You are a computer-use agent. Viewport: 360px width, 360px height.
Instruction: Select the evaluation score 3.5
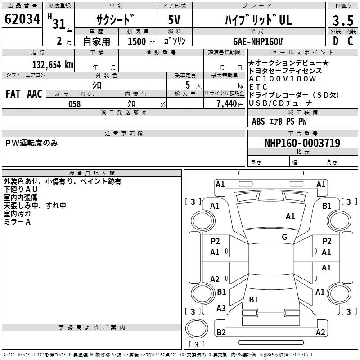coord(342,21)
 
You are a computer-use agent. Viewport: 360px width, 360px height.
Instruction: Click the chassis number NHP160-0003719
coord(302,143)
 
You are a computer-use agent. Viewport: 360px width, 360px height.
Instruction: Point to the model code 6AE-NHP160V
coord(258,41)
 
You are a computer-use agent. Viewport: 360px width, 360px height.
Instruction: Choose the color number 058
coord(75,104)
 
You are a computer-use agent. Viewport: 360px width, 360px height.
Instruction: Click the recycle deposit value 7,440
coord(227,104)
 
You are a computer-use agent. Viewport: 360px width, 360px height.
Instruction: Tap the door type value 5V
coord(175,21)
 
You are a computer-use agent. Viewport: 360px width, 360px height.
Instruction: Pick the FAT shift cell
coord(13,94)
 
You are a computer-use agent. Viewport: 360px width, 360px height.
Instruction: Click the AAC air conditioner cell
coord(34,94)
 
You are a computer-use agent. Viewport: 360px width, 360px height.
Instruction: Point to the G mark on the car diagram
coord(284,237)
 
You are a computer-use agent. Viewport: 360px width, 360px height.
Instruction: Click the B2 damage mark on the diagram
coord(221,333)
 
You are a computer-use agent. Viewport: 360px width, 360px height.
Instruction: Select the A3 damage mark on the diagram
coord(221,308)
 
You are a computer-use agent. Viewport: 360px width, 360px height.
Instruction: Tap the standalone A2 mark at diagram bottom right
coord(320,333)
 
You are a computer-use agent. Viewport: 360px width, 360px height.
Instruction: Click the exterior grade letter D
coord(335,41)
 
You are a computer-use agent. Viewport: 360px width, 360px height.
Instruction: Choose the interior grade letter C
coord(350,41)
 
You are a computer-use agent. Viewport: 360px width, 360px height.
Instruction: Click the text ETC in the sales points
coord(258,87)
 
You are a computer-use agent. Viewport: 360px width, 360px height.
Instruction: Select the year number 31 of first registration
coord(59,23)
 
